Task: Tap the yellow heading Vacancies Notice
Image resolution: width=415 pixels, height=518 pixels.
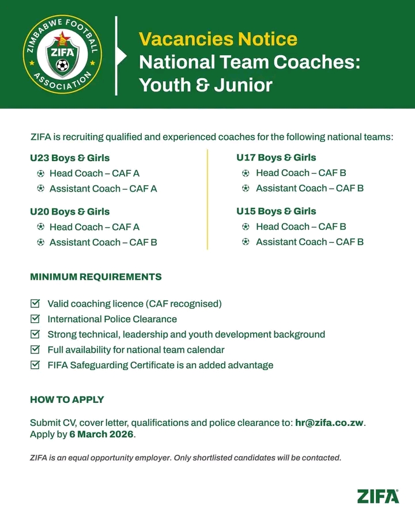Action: (x=218, y=39)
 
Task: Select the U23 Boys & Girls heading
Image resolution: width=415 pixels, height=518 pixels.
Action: (x=70, y=158)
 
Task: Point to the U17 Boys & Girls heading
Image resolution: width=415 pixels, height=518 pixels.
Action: (x=276, y=157)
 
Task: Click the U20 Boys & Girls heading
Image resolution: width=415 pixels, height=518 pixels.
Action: (x=70, y=212)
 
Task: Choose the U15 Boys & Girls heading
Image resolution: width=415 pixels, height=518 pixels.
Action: (x=276, y=211)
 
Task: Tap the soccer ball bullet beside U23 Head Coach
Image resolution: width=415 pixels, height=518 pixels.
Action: (x=40, y=173)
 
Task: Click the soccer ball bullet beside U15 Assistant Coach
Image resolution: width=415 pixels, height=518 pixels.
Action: (x=246, y=242)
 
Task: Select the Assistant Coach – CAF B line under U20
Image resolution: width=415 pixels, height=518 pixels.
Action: (x=103, y=242)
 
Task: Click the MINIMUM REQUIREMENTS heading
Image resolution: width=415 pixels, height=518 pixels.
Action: (x=96, y=277)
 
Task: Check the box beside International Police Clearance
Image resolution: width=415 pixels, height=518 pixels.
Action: (x=35, y=318)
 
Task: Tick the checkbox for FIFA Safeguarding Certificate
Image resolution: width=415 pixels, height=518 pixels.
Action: (x=35, y=364)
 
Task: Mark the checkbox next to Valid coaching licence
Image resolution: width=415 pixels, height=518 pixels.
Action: (x=35, y=303)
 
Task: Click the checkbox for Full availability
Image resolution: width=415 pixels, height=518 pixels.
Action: (x=35, y=349)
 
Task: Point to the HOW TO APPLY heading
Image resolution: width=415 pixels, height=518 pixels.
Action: (x=67, y=399)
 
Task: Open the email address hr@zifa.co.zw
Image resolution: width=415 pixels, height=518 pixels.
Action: (x=329, y=423)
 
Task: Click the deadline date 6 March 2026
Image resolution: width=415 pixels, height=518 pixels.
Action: (x=101, y=435)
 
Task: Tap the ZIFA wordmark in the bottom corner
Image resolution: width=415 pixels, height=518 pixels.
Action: (x=378, y=496)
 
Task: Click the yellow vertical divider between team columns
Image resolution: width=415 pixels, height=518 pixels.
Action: (x=207, y=199)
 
